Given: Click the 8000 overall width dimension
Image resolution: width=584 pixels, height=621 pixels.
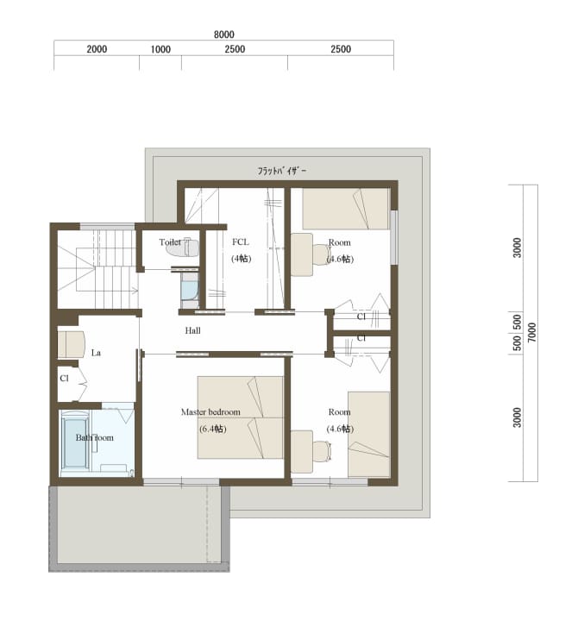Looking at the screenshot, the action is [x=224, y=34].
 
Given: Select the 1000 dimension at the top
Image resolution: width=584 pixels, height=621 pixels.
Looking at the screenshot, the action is [x=160, y=49].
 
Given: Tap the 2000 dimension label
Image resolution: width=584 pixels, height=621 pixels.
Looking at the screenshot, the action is [x=97, y=49].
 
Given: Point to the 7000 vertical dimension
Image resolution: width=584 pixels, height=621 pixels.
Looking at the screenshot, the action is [x=531, y=332].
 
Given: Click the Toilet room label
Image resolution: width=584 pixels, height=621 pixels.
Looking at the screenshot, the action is [x=170, y=242].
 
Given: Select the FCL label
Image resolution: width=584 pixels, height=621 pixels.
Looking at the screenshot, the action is [x=241, y=242].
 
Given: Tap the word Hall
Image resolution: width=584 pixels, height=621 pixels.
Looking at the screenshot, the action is [x=192, y=330].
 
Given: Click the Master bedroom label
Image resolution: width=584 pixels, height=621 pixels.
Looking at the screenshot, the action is [x=210, y=412].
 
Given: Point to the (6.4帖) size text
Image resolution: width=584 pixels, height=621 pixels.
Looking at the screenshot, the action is [x=213, y=429].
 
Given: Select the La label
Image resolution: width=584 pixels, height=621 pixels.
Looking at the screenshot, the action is [x=96, y=353].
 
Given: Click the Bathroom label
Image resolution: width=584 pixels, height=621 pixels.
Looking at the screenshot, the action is [x=94, y=437].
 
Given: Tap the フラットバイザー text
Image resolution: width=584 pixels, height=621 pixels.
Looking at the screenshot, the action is [x=282, y=171].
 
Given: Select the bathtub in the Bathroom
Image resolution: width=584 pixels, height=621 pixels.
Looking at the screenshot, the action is [x=74, y=442].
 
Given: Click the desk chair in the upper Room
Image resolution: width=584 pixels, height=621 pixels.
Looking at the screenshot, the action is [x=321, y=254].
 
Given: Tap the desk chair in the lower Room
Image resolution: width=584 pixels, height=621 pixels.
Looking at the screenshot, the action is [x=321, y=451].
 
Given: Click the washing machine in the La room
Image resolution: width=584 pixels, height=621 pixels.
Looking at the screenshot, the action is [x=72, y=344].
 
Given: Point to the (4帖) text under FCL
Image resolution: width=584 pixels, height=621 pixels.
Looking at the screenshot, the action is [x=241, y=259].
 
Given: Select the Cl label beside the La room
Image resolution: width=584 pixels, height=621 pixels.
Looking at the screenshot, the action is [x=64, y=379].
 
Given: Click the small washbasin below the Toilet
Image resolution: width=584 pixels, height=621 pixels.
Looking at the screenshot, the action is [x=190, y=290].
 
